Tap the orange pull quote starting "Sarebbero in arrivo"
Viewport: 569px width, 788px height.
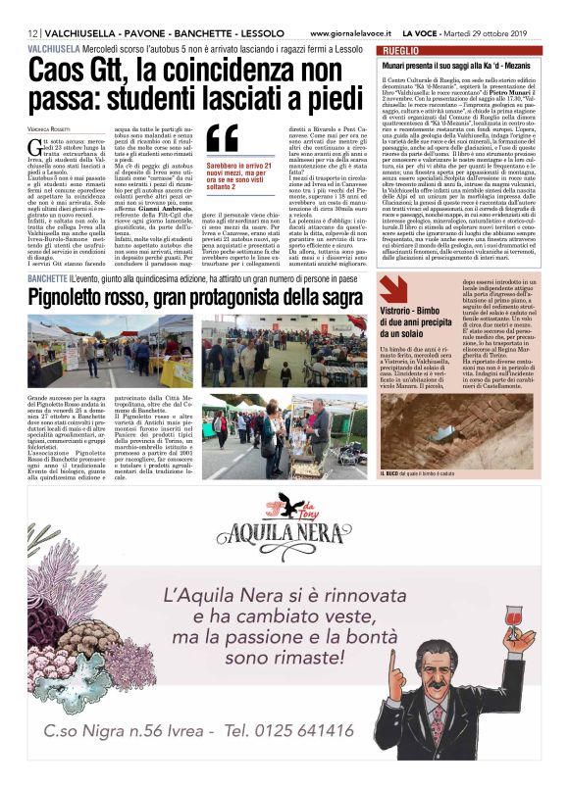pos(239,181)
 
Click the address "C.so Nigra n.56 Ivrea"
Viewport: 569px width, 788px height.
pos(117,729)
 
